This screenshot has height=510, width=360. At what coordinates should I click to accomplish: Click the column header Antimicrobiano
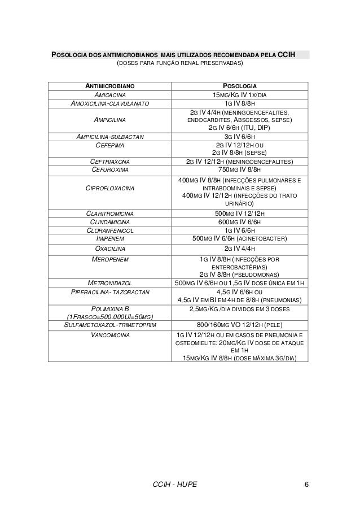tap(110, 85)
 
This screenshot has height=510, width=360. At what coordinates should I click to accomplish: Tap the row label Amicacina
tap(110, 95)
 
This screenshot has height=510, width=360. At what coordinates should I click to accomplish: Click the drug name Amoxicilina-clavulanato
tap(110, 104)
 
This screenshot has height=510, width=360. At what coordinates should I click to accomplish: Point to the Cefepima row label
tap(110, 145)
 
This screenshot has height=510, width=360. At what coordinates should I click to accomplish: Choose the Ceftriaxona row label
tap(110, 161)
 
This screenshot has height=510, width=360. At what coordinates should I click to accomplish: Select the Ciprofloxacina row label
tap(110, 188)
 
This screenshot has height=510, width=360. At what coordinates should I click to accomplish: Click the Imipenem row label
tap(110, 238)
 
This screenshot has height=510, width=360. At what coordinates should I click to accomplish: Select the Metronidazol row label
tap(110, 282)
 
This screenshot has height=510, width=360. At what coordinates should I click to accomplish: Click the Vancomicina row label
tap(110, 335)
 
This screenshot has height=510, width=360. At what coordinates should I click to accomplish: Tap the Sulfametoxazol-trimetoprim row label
tap(110, 325)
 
